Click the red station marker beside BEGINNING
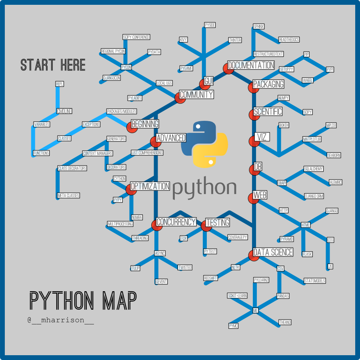(x=132, y=127)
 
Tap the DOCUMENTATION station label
(x=251, y=65)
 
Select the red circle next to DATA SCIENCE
(x=254, y=255)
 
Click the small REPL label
(x=60, y=84)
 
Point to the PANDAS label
(x=283, y=296)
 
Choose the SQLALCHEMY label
(x=313, y=169)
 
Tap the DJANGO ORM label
(x=314, y=196)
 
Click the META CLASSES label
(x=68, y=196)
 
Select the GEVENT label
(x=161, y=282)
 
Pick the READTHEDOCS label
(x=289, y=40)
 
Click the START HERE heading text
(x=53, y=65)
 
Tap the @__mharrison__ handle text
(x=61, y=320)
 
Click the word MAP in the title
(x=119, y=301)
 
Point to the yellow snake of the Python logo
(x=211, y=150)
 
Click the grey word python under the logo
(x=204, y=188)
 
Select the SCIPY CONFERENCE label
(x=136, y=37)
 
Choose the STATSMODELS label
(x=314, y=281)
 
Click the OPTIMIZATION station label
(x=150, y=186)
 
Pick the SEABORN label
(x=334, y=155)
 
